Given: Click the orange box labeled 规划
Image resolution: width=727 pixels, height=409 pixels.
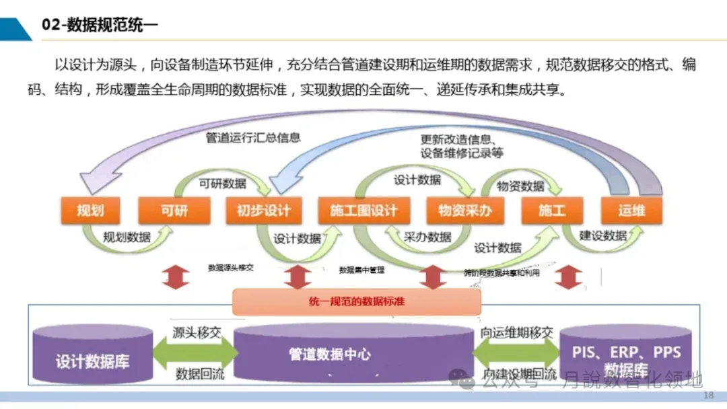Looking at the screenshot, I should (90, 211).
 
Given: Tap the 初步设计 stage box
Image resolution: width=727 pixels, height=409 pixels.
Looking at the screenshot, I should (263, 211).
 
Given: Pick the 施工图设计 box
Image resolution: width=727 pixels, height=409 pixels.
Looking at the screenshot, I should (363, 211).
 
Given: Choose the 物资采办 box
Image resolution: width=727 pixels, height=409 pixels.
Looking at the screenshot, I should (464, 211).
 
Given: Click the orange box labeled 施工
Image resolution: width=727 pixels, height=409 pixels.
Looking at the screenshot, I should (552, 211).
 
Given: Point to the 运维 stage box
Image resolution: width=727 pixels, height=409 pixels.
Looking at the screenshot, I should (631, 211).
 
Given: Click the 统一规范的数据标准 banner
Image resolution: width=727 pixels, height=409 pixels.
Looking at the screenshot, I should (357, 302).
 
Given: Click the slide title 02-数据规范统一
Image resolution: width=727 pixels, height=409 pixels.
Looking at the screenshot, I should (100, 26).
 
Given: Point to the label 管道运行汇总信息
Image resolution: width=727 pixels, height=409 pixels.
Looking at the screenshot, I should (252, 137).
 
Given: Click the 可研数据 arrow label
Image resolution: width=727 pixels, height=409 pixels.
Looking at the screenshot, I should (222, 184).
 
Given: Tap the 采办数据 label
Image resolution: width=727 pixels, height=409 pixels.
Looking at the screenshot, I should (427, 237).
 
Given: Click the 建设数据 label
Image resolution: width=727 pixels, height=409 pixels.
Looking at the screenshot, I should (603, 236).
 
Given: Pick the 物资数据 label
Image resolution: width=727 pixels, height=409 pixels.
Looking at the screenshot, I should (520, 186).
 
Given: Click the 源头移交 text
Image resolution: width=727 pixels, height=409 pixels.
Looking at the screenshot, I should (197, 332).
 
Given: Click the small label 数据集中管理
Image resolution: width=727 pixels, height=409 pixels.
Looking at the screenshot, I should (361, 270).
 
